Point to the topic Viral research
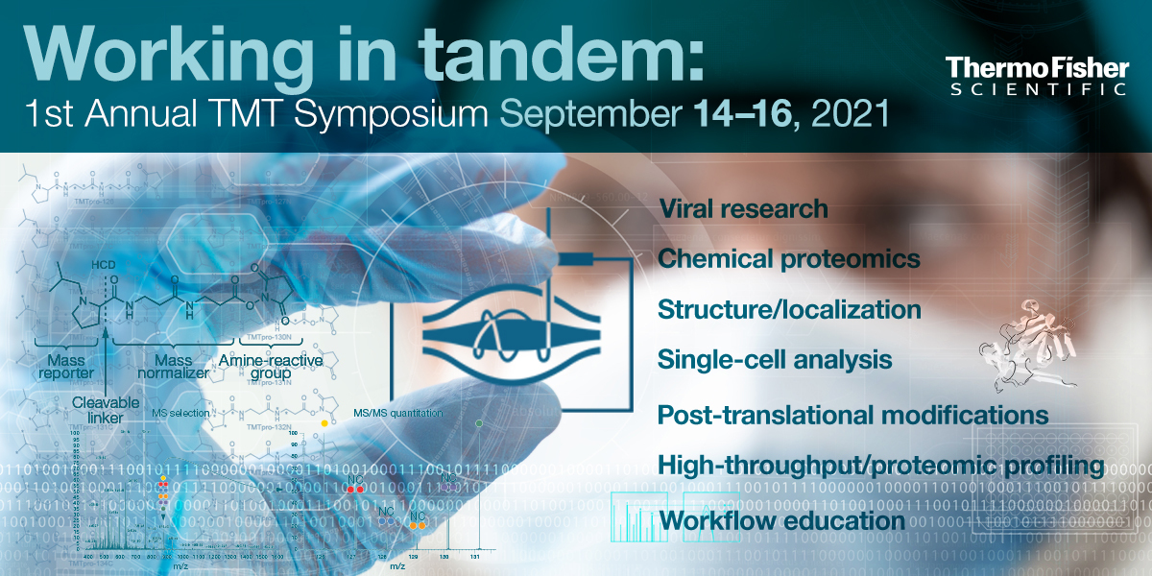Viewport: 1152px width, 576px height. (742, 208)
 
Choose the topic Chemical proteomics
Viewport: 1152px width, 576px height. (788, 259)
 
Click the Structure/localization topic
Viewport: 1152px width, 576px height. (789, 310)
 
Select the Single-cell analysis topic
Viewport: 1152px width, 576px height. (775, 360)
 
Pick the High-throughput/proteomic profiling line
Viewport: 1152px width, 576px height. (880, 466)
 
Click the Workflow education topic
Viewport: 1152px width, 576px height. (782, 520)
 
